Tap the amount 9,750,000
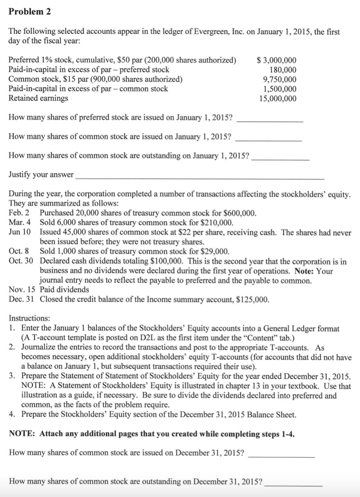[280, 80]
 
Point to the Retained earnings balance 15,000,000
[278, 98]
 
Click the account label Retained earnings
[39, 98]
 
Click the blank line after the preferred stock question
[270, 121]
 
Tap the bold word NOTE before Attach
[21, 434]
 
